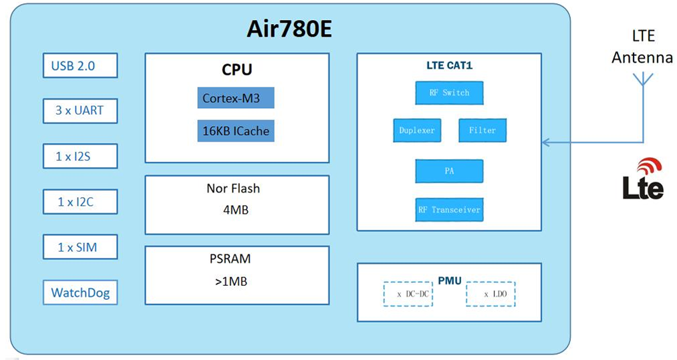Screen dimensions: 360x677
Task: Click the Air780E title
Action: [x=290, y=29]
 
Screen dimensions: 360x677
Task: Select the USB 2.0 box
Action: [x=80, y=65]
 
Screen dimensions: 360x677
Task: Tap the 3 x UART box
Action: [x=80, y=110]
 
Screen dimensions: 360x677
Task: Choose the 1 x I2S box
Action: [x=80, y=156]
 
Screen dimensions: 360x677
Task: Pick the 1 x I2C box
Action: [x=80, y=201]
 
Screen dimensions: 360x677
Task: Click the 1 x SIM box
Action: [x=80, y=246]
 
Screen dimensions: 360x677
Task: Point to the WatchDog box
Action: [x=80, y=293]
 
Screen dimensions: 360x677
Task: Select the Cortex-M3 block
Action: [x=236, y=98]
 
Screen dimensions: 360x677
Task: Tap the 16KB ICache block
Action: [x=236, y=131]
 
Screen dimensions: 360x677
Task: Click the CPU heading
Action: [x=237, y=69]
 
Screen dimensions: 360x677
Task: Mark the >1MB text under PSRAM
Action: [x=231, y=282]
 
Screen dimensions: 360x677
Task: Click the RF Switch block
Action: [x=448, y=93]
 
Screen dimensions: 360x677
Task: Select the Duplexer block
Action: [x=417, y=130]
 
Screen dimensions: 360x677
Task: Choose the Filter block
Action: [x=482, y=130]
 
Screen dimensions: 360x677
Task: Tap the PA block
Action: [x=448, y=171]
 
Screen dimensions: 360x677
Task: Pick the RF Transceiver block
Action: [x=448, y=210]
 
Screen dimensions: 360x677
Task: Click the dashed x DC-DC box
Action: [x=408, y=294]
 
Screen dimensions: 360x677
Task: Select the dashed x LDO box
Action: [x=491, y=294]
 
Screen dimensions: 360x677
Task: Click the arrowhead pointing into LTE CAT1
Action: [x=546, y=142]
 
